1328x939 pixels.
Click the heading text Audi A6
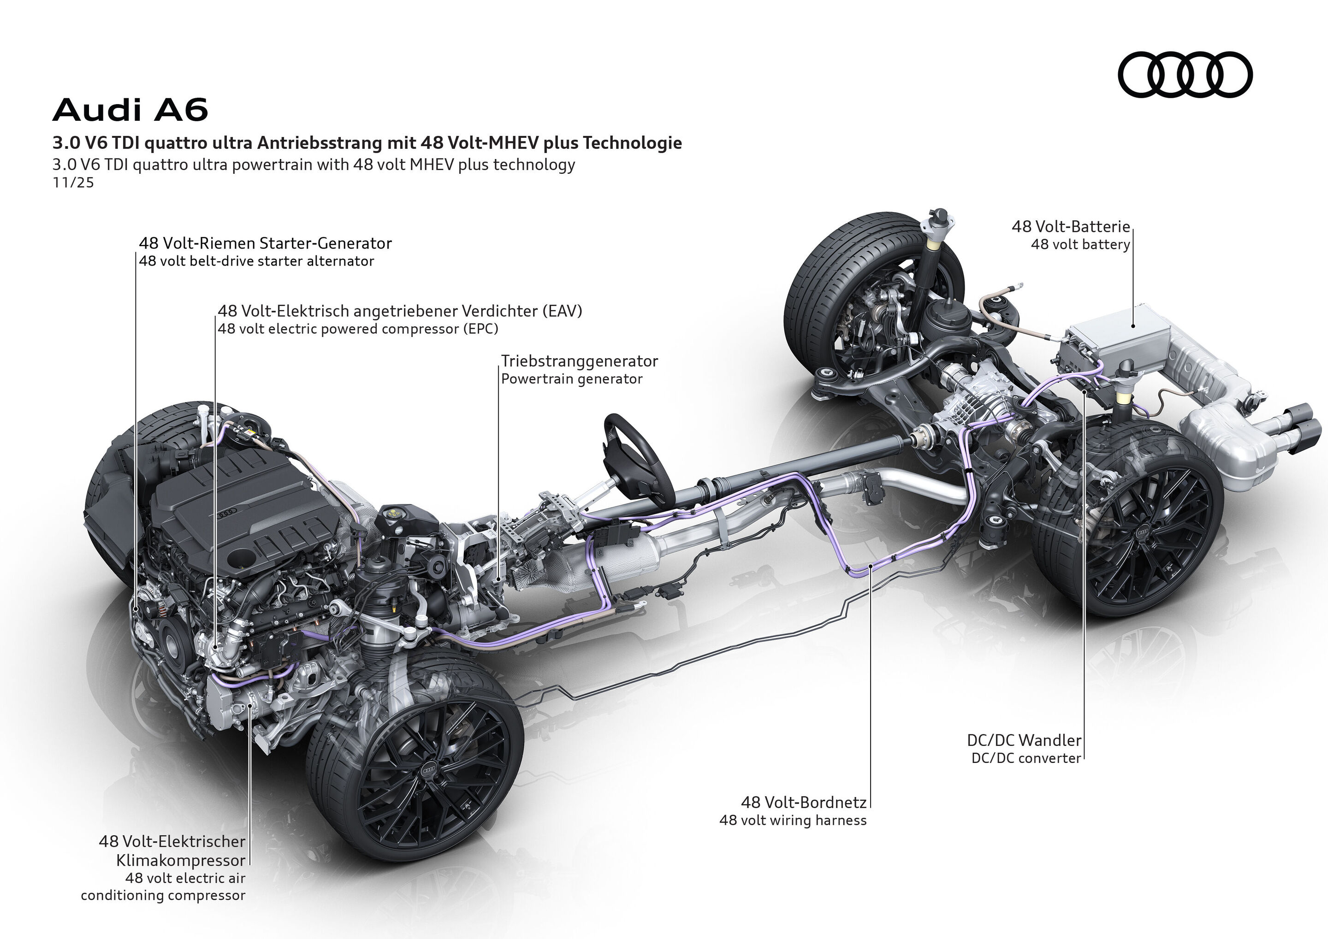(x=130, y=110)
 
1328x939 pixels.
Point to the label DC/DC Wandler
(x=1024, y=740)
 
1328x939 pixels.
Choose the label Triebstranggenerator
(x=579, y=361)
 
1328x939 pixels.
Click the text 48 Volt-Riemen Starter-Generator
(x=265, y=243)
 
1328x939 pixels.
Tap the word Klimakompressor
(x=180, y=860)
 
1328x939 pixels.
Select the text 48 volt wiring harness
(x=792, y=821)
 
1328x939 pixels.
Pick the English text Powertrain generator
(x=571, y=379)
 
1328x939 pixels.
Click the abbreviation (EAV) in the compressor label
(x=562, y=311)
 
